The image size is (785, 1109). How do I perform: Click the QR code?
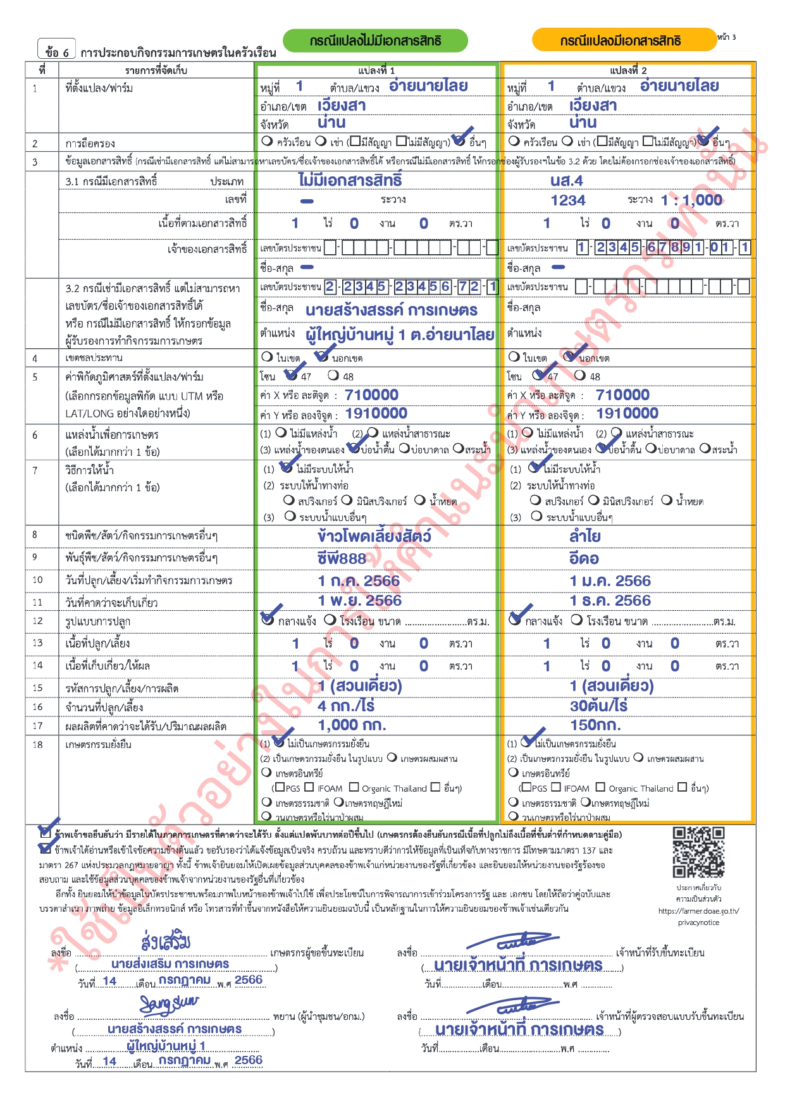[698, 852]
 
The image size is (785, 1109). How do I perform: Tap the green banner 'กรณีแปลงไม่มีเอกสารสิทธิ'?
[375, 41]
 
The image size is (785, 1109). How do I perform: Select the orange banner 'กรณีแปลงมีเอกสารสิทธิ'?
[623, 41]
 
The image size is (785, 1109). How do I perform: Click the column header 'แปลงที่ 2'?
[628, 70]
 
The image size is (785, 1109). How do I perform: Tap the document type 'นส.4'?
[566, 181]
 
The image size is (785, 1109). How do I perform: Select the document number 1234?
[568, 200]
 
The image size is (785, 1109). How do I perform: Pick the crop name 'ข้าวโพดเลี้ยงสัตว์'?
[374, 536]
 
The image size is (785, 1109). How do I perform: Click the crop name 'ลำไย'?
[584, 536]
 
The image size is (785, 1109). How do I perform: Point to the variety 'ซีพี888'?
[342, 558]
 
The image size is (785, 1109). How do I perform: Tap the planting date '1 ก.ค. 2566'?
[359, 580]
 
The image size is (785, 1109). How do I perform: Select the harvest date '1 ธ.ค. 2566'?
[610, 600]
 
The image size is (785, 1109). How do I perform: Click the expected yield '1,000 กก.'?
[352, 725]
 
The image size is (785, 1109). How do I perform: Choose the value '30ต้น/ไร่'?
[598, 706]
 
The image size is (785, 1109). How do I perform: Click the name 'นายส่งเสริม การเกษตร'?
[170, 964]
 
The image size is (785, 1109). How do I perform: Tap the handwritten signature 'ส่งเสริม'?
[166, 941]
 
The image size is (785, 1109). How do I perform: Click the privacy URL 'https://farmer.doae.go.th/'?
[698, 911]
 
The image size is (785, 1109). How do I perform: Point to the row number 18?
[38, 744]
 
